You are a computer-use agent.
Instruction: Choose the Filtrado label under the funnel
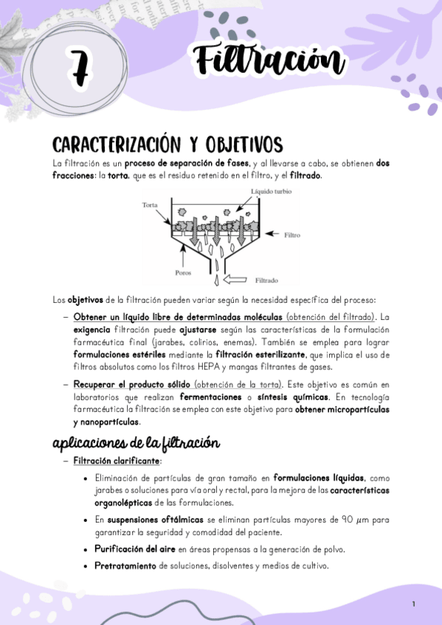coord(266,281)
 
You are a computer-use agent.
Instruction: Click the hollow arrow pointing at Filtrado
coord(238,279)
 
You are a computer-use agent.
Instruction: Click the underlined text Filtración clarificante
coord(117,461)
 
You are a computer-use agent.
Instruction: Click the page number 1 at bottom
coord(414,604)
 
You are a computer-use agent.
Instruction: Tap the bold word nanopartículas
coord(106,422)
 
